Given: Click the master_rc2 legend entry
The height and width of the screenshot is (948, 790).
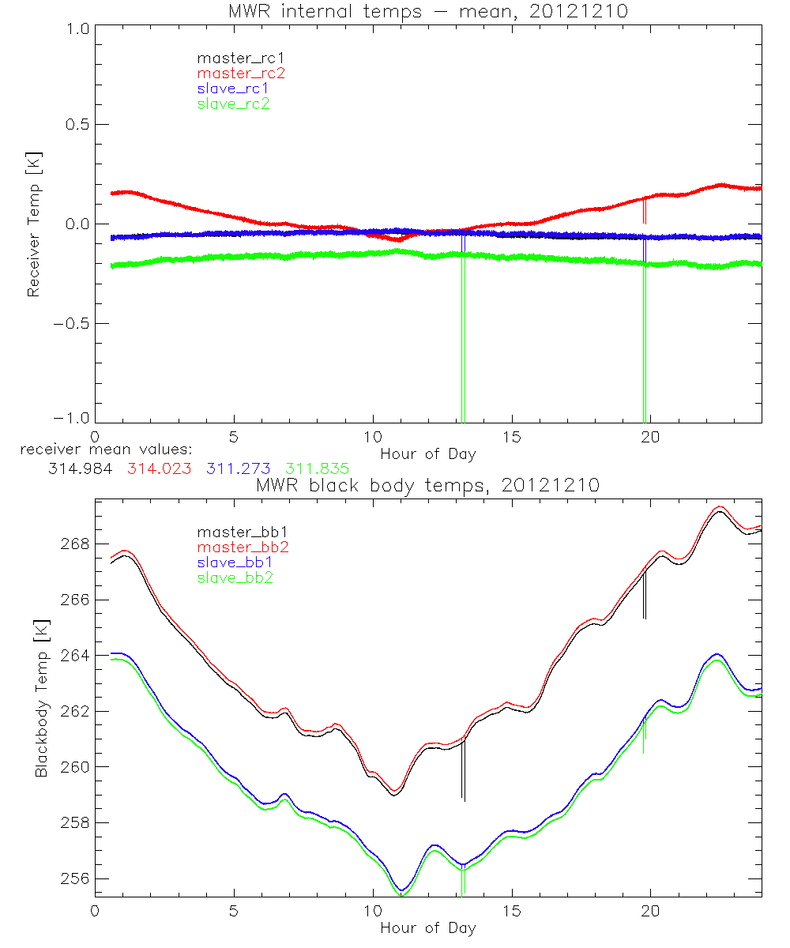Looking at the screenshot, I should click(x=241, y=73).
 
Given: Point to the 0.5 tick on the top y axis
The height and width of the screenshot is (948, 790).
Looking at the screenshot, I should click(x=76, y=125).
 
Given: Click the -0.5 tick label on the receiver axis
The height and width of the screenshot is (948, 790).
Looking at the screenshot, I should click(x=73, y=324).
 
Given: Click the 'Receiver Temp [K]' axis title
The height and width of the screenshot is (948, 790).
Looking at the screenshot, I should click(x=34, y=224).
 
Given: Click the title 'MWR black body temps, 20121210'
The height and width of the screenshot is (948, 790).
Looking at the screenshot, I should click(x=427, y=485).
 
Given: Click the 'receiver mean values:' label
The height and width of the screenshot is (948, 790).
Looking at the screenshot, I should click(x=111, y=450).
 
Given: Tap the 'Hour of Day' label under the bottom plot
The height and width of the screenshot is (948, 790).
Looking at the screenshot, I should click(x=427, y=927).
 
